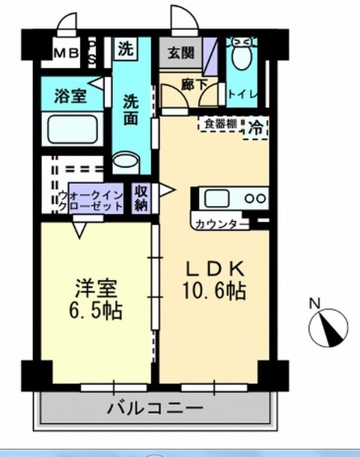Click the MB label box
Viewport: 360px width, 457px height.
coord(64,52)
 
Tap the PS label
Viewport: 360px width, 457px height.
coord(93,52)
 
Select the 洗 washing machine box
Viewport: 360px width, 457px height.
coord(126,50)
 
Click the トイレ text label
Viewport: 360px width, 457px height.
coord(243,94)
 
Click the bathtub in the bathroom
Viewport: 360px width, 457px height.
coord(73,130)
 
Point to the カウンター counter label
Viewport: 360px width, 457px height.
coord(218,224)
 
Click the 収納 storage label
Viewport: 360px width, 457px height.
coord(141,198)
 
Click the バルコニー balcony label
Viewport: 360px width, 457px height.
coord(154,409)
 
